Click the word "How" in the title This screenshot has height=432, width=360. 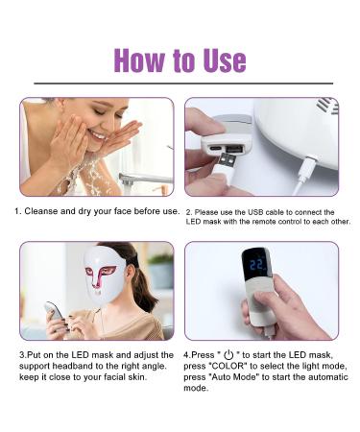(141, 60)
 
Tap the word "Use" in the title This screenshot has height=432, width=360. (224, 60)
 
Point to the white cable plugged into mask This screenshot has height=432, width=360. (306, 173)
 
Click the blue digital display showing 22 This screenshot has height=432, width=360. (256, 263)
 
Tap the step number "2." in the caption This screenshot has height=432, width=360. (189, 211)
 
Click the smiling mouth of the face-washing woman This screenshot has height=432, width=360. (96, 135)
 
